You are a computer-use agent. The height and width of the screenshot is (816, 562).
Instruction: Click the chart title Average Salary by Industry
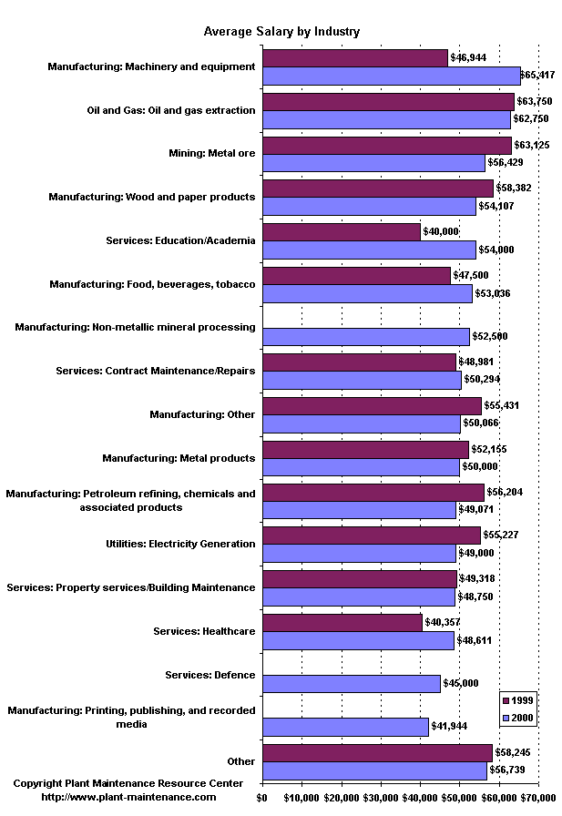coord(281,31)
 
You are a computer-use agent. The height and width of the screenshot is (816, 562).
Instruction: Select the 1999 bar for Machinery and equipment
coord(355,58)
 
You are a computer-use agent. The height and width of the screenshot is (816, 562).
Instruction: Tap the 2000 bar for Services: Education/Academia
coord(369,250)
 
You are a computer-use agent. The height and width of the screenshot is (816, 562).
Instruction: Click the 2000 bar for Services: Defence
coord(351,683)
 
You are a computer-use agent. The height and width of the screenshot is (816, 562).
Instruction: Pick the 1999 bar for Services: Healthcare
coord(342,623)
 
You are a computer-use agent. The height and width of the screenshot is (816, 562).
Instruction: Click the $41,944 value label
coord(449,726)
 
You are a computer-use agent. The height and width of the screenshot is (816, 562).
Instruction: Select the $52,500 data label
coord(490,336)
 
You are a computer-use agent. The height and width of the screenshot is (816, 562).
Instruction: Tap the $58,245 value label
coord(514,753)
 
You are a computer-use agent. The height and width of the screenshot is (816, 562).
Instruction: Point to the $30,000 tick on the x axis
coord(381,798)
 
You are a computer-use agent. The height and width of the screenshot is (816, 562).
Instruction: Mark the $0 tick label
coord(262,798)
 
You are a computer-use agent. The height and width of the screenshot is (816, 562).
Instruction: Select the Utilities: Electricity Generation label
coord(180,544)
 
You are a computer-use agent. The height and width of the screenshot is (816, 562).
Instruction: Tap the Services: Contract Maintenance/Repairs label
coord(155,371)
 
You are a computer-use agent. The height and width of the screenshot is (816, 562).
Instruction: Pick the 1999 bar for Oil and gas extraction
coord(388,102)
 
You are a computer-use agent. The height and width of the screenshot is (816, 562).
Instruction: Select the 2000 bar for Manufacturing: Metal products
coord(361,467)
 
